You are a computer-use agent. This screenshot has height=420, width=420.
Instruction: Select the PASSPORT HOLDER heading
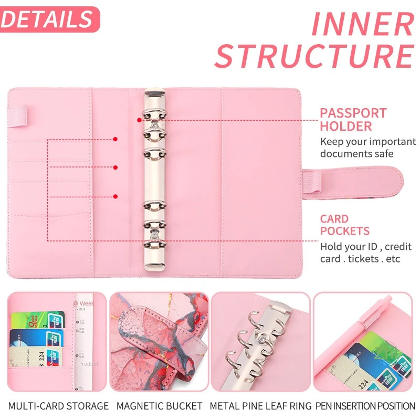[353, 120]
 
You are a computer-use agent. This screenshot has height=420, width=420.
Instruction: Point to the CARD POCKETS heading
[344, 225]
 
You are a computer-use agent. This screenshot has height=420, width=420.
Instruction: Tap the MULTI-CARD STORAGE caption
[58, 406]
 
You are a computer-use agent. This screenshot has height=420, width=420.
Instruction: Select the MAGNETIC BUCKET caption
[159, 406]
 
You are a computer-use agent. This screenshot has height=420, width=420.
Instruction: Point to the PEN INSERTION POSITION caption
[366, 406]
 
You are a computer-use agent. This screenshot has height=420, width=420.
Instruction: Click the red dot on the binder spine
[139, 120]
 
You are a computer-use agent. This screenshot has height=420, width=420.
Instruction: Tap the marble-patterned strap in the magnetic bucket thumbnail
[157, 341]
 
